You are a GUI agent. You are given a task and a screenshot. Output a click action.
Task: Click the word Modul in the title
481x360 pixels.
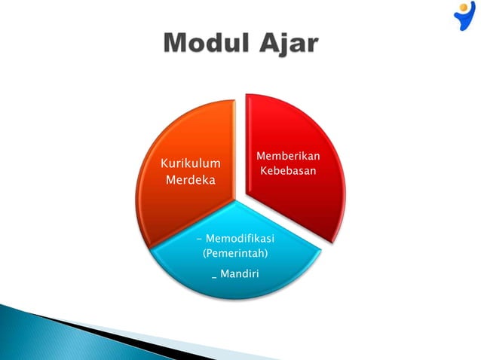[205, 42]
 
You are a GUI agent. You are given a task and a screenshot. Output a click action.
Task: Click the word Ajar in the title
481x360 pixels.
[288, 44]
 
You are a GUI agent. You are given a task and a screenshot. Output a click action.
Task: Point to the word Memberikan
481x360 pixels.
[288, 156]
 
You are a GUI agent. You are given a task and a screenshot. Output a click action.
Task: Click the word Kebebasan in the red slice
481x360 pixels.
[288, 172]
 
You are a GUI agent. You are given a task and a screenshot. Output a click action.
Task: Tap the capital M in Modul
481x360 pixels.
[178, 42]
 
